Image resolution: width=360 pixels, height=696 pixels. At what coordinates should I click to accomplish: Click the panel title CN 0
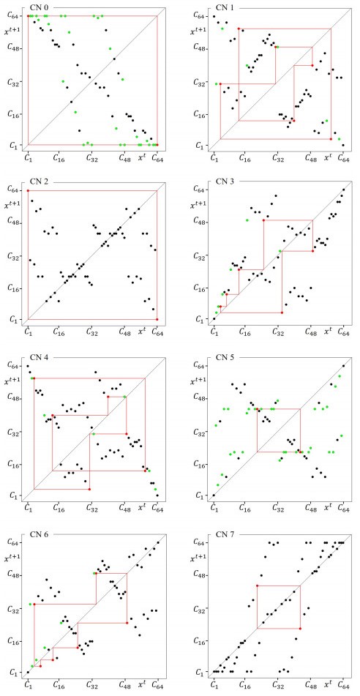[x=37, y=6]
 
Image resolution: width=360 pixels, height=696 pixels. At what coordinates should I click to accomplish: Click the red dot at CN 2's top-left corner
[x=29, y=191]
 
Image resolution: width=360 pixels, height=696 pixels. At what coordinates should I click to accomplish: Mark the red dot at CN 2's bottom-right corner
[x=157, y=319]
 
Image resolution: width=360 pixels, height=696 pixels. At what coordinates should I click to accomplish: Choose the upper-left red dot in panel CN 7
[x=257, y=585]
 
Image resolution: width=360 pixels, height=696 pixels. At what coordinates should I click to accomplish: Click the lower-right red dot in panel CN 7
[x=300, y=628]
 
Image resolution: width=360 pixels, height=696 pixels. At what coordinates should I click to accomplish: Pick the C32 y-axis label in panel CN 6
[x=12, y=608]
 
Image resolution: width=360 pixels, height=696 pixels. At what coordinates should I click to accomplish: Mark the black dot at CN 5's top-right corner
[x=343, y=366]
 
